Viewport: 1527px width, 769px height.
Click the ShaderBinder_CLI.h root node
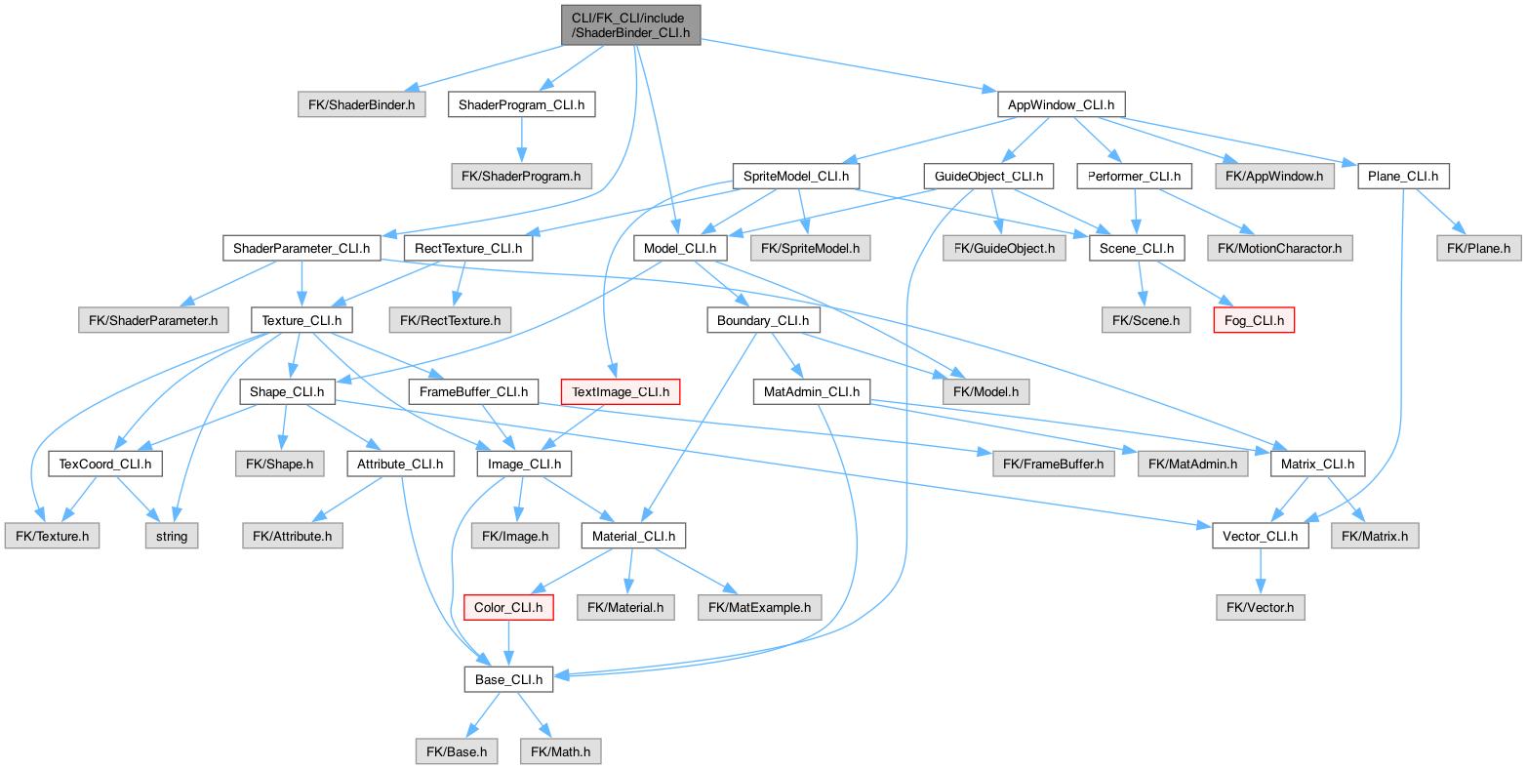630,24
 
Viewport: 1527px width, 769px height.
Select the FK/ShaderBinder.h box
361,104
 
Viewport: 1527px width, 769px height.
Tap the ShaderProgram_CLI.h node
521,104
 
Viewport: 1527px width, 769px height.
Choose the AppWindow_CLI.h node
1061,104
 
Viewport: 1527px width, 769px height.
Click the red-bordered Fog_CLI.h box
1254,319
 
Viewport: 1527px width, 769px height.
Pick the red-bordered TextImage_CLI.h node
620,391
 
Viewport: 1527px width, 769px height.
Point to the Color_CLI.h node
508,607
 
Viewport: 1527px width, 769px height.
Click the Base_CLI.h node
508,678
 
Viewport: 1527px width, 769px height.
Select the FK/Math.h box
561,750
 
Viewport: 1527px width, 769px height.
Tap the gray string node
172,536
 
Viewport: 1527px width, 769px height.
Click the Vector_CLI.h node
1260,536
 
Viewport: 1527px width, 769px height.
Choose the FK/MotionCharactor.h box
1279,249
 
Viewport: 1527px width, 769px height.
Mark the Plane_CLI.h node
1403,177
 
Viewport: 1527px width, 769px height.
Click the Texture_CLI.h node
302,319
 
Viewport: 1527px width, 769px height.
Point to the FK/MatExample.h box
759,607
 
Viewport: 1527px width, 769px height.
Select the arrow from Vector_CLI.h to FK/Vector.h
1260,571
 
